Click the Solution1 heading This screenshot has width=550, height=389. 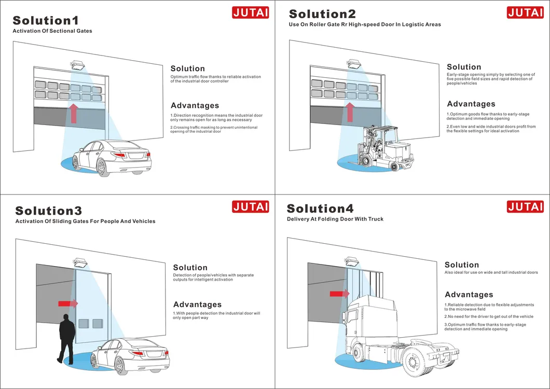(x=46, y=20)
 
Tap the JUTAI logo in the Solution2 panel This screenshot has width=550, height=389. (x=525, y=12)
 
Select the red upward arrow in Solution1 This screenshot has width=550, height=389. (x=74, y=113)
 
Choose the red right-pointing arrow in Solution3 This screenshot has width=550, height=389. (x=67, y=303)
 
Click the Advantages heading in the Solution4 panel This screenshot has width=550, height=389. (x=469, y=295)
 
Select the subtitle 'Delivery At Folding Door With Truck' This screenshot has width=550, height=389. (x=335, y=219)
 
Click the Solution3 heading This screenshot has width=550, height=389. (x=49, y=211)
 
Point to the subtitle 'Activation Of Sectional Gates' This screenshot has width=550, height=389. (x=52, y=31)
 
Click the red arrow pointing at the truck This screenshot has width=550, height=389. (x=339, y=294)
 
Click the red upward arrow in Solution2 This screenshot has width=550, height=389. (x=350, y=112)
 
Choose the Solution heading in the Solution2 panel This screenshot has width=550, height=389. (x=464, y=67)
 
